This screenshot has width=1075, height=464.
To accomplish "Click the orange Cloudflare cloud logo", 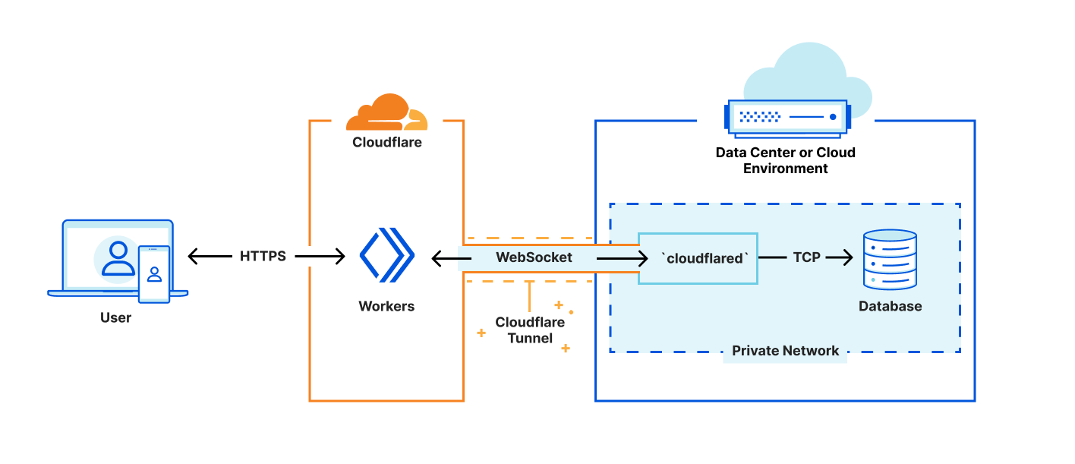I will pyautogui.click(x=386, y=113).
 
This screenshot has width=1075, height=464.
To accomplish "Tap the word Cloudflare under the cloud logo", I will pyautogui.click(x=386, y=142).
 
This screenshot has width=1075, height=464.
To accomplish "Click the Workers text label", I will pyautogui.click(x=386, y=306).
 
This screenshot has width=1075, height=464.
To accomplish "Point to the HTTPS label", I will pyautogui.click(x=263, y=257).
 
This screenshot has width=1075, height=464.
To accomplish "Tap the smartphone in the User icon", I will pyautogui.click(x=154, y=273).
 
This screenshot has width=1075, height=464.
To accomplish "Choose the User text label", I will pyautogui.click(x=115, y=317).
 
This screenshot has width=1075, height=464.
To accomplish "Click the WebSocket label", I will pyautogui.click(x=534, y=257).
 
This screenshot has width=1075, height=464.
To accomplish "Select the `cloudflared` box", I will pyautogui.click(x=698, y=258).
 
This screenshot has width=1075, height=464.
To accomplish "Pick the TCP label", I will pyautogui.click(x=806, y=257).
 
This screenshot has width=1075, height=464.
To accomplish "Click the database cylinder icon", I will pyautogui.click(x=890, y=260).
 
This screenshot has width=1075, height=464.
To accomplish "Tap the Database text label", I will pyautogui.click(x=890, y=307).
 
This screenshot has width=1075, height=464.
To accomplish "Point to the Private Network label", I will pyautogui.click(x=785, y=351).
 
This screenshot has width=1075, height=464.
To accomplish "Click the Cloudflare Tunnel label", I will pyautogui.click(x=530, y=330).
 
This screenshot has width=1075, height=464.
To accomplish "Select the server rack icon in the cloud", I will pyautogui.click(x=787, y=117).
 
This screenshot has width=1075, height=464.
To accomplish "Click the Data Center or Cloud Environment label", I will pyautogui.click(x=785, y=160).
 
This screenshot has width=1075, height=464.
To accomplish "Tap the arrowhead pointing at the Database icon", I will pyautogui.click(x=848, y=258).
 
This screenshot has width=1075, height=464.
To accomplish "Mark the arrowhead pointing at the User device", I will pyautogui.click(x=193, y=257).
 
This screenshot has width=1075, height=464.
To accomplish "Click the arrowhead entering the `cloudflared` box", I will pyautogui.click(x=632, y=258).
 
